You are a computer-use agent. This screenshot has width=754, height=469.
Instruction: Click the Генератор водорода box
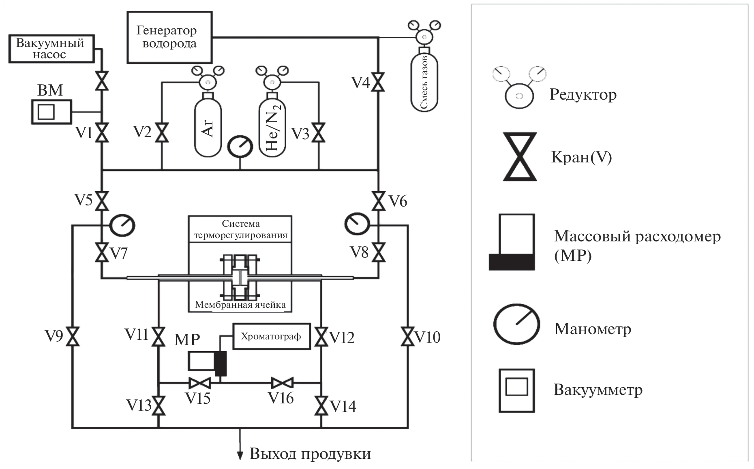[169, 37]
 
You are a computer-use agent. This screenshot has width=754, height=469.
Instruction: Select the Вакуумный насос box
[51, 49]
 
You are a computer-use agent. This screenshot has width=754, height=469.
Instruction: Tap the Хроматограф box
[271, 336]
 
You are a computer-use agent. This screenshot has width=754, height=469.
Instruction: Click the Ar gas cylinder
[208, 128]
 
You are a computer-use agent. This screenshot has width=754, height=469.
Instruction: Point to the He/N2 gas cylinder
[272, 128]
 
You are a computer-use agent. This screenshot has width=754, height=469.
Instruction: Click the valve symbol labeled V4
[378, 83]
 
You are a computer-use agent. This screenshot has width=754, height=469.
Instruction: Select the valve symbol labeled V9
[73, 336]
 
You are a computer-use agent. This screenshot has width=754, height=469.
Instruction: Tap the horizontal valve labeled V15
[199, 382]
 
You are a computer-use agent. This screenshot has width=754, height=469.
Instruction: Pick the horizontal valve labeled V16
[282, 382]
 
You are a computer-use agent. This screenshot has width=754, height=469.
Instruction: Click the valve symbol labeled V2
[162, 132]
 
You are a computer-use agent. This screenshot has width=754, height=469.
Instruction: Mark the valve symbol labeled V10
[408, 336]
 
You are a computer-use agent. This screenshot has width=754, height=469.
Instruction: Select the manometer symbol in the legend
[516, 324]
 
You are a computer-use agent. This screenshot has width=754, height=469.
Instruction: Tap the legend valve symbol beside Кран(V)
[520, 156]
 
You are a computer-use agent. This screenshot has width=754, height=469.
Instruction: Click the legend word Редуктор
[583, 95]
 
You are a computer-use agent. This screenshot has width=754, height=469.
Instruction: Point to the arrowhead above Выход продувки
[240, 455]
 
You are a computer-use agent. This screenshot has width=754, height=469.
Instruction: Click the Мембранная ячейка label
[240, 305]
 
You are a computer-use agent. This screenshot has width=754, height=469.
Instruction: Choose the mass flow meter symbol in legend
[512, 242]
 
